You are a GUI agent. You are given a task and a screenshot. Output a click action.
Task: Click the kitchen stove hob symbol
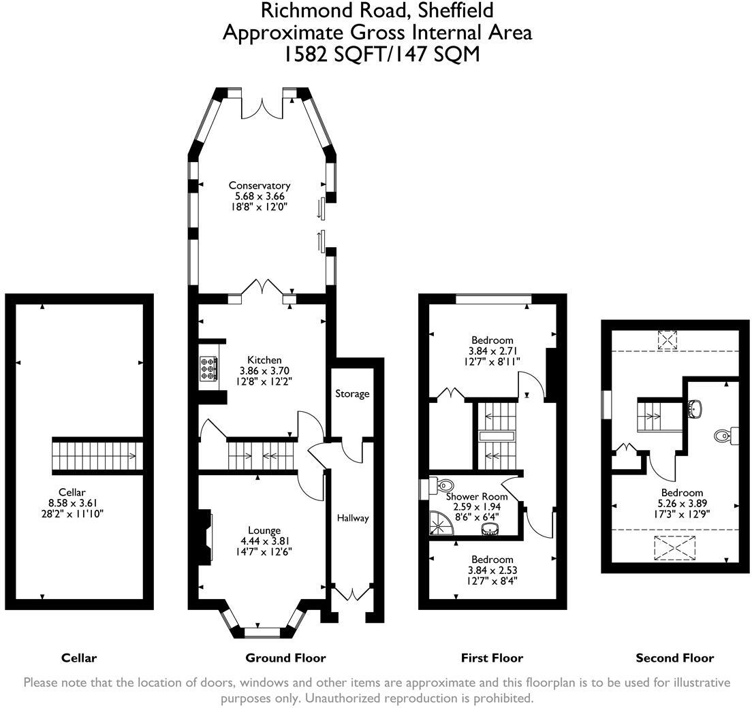pos(208,369)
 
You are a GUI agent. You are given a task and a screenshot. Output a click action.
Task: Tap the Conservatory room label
pos(260,185)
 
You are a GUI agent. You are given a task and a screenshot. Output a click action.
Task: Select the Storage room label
pos(352,394)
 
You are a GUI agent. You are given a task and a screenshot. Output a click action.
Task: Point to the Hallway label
pos(353,518)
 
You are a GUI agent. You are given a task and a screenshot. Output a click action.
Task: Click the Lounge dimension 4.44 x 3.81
pos(264,541)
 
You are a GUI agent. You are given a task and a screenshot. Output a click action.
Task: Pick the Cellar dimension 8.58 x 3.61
pos(72,503)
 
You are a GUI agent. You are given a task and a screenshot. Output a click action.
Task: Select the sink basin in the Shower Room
pos(490,528)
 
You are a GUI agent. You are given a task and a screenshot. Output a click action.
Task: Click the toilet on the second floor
pos(724,435)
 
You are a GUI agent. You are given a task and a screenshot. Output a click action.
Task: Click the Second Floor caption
pos(675,658)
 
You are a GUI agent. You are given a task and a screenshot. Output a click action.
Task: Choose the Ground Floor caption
pos(285,658)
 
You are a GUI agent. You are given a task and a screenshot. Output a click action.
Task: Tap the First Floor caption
pos(492,658)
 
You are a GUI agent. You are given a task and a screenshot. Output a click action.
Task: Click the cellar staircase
pos(97,456)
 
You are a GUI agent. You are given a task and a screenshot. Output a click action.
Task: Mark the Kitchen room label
pos(264,360)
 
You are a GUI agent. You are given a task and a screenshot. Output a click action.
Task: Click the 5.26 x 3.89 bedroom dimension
pos(682,503)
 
